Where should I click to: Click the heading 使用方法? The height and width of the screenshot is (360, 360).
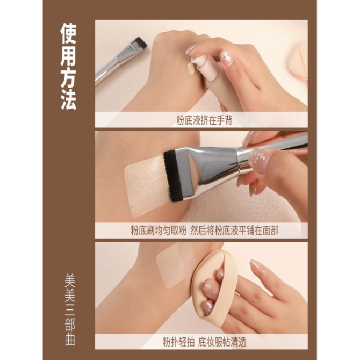68,66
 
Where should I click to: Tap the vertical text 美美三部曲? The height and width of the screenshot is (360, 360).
70,309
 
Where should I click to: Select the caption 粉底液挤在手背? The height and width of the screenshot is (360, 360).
204,120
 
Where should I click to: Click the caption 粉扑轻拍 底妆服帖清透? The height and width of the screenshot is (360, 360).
205,342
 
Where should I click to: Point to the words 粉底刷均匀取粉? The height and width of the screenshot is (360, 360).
158,231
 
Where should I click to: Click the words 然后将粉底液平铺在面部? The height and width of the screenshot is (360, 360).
234,231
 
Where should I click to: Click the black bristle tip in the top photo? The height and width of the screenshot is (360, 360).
139,42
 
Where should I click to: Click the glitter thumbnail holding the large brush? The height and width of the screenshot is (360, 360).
259,160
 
